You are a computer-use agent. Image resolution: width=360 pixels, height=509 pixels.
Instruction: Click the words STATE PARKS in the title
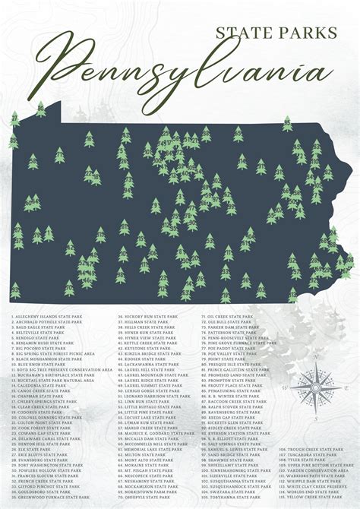point(276,32)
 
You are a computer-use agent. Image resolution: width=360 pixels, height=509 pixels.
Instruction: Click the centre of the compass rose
point(315,387)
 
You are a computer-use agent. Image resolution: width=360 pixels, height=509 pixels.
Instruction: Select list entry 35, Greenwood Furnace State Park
point(49,497)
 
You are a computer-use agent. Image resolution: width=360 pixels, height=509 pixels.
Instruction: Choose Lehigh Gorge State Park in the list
point(153,390)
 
